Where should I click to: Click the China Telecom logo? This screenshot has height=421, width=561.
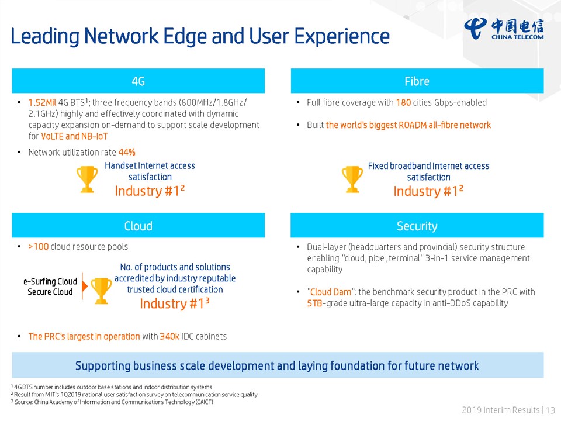[x=504, y=29]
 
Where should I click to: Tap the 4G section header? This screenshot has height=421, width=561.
[x=138, y=81]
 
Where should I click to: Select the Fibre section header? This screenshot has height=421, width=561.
[x=417, y=81]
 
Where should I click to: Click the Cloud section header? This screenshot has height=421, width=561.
[x=138, y=226]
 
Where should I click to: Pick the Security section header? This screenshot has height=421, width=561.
[x=417, y=226]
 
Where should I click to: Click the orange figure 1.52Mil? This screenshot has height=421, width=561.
[x=42, y=103]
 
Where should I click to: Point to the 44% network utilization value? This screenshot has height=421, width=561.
[x=127, y=152]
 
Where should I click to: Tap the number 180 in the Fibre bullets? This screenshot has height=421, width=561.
[x=404, y=103]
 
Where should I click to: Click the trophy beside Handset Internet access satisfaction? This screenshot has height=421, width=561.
[x=87, y=179]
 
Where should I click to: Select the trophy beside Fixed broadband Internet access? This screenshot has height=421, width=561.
[x=352, y=179]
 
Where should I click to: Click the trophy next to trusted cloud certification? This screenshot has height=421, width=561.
[x=101, y=291]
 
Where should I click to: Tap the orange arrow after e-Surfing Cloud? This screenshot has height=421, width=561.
[x=84, y=286]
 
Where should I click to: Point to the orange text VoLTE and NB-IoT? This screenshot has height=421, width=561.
[x=74, y=136]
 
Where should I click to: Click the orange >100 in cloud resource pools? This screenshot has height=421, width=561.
[x=39, y=247]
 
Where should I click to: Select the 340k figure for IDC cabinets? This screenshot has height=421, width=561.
[x=169, y=337]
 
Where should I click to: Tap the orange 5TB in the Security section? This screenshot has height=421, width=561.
[x=315, y=303]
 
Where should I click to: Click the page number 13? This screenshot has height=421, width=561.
[x=550, y=410]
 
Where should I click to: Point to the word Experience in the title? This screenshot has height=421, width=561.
[x=342, y=37]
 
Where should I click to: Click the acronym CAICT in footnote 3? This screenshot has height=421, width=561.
[x=204, y=402]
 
